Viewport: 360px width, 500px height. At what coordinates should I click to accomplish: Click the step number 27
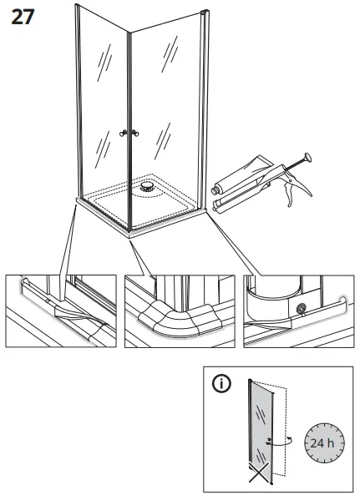pos(23,17)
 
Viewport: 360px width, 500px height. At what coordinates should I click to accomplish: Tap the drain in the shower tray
pos(147,186)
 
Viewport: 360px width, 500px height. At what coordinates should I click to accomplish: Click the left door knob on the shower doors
pos(123,134)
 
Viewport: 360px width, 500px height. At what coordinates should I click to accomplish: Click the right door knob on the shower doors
pos(135,133)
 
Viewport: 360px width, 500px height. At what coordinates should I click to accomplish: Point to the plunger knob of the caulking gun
pos(308,157)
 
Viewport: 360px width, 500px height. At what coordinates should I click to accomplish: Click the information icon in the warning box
pos(221,382)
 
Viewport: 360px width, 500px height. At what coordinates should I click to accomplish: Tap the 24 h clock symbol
pos(324,443)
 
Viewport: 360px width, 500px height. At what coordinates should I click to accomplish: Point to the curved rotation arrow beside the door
pos(280,442)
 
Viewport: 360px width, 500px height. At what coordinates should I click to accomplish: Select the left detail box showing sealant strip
pos(61,311)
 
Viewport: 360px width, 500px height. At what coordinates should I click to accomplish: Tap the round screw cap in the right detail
pos(301,308)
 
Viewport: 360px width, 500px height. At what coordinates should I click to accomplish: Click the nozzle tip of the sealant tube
pos(214,191)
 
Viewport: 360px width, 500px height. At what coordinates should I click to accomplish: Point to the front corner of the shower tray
pos(129,235)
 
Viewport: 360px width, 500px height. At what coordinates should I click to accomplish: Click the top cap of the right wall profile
pos(205,12)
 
